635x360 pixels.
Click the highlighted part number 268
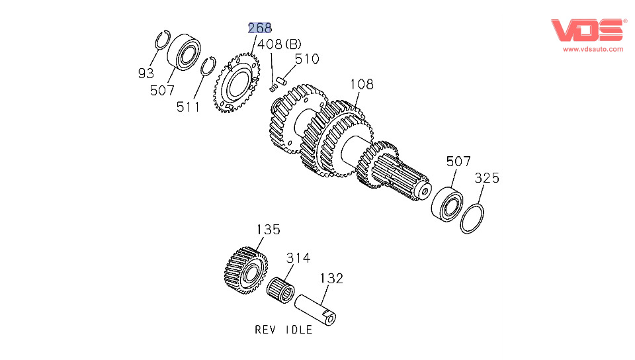(260, 27)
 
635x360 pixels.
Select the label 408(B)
(278, 44)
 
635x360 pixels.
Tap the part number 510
(306, 59)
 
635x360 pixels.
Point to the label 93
(146, 73)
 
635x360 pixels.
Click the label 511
(188, 106)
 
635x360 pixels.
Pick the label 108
(361, 84)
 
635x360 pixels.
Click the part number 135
(268, 230)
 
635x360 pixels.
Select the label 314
(298, 257)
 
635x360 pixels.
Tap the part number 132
(331, 278)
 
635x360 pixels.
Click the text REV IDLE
(283, 330)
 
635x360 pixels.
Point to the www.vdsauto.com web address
(593, 49)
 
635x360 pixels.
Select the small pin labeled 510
(280, 81)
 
